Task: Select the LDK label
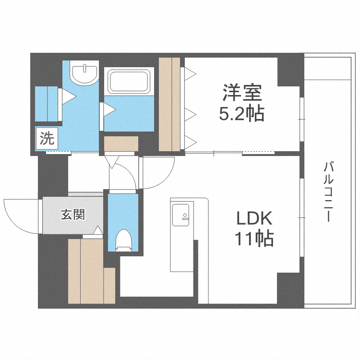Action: (254, 219)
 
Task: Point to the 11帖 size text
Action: (254, 239)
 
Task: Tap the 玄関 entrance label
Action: (72, 214)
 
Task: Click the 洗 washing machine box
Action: (47, 139)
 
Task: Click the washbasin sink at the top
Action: (84, 72)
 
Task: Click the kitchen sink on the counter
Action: (182, 214)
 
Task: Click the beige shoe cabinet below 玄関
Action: (86, 271)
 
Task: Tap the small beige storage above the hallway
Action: (121, 144)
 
